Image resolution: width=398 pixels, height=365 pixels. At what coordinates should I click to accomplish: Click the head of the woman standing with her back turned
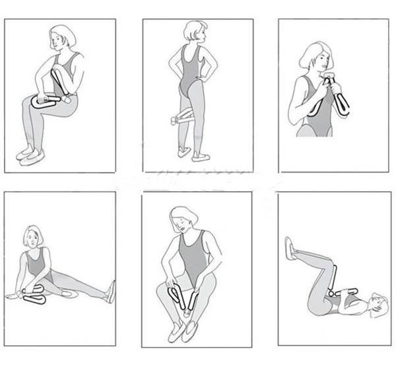pos(195,32)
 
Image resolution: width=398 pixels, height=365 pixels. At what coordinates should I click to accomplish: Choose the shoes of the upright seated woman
pos(30,154)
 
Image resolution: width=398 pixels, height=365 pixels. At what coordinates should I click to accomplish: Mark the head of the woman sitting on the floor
pos(32,237)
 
